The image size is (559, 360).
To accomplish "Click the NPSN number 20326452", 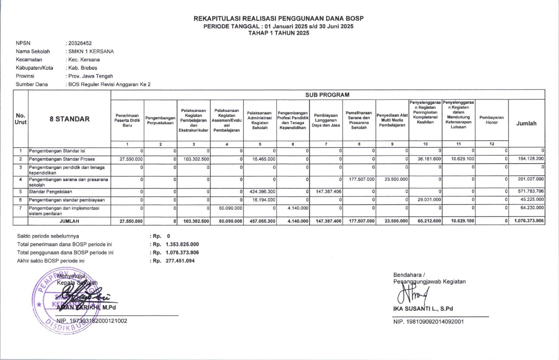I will pos(80,43).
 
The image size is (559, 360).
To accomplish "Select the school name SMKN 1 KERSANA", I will pos(91,51).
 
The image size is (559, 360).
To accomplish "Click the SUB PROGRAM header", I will pos(327,95).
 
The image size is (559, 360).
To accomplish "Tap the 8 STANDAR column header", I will pos(70,119).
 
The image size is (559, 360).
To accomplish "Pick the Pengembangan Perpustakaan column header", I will pos(160,120).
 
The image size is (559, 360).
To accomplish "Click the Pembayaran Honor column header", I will pos(492,120).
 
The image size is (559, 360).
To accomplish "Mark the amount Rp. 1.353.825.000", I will pos(182,244).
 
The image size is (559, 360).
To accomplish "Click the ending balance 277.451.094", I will pos(180,261).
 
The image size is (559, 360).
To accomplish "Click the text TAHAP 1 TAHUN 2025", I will pos(278,33).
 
